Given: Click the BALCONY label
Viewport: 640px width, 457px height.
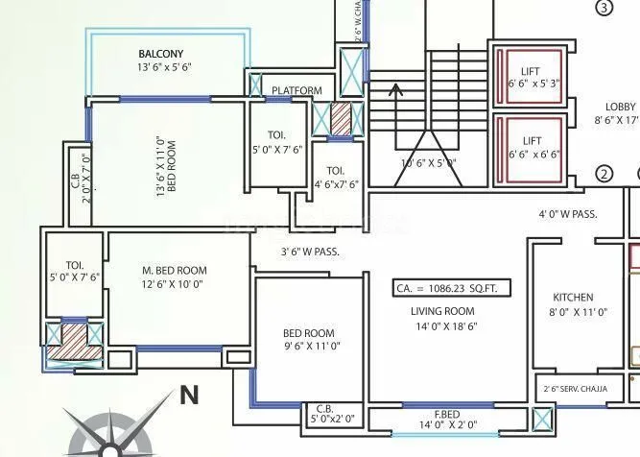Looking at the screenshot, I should tap(161, 54).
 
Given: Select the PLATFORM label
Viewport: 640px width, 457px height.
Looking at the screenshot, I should tap(296, 91).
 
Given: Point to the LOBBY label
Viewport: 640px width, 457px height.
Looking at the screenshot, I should tap(621, 107).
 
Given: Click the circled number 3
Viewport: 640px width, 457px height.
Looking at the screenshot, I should tap(604, 9).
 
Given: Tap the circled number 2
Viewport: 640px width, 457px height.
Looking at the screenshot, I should tap(604, 174).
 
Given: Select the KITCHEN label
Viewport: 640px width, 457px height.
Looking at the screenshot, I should tap(573, 298).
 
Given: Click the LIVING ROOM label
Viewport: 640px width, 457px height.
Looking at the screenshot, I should tap(443, 311).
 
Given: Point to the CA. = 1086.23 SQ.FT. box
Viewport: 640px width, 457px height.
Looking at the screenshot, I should tap(453, 288).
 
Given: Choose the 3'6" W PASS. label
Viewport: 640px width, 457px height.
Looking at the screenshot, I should tap(310, 253).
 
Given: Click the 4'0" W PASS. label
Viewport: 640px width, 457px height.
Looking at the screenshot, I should tap(566, 214).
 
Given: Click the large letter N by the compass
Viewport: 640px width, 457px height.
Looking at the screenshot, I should tap(188, 395).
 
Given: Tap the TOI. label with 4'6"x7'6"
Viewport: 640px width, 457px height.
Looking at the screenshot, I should tap(334, 171).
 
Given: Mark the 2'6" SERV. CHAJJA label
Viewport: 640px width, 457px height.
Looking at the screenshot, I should tap(588, 388).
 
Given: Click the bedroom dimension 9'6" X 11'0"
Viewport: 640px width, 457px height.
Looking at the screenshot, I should tap(312, 346).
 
